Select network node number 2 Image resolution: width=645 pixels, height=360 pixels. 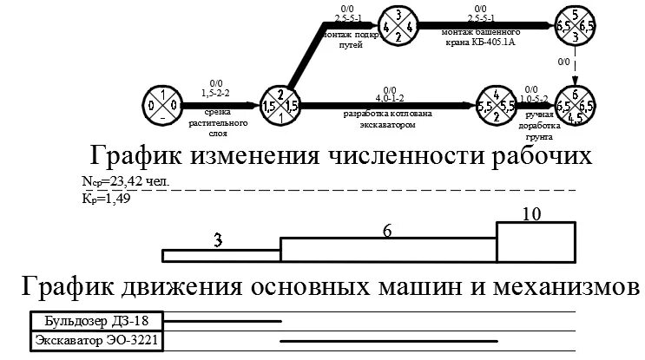pos(280,104)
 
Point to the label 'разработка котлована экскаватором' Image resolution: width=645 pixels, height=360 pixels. pos(386,118)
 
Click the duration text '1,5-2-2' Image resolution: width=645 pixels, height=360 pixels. pos(216,90)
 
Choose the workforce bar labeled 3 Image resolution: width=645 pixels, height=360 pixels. pos(221,255)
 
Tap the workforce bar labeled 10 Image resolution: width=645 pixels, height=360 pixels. pos(536,242)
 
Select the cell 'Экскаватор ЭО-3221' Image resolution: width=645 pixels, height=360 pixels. pos(96,341)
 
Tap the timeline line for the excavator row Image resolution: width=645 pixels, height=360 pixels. pos(388,341)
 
